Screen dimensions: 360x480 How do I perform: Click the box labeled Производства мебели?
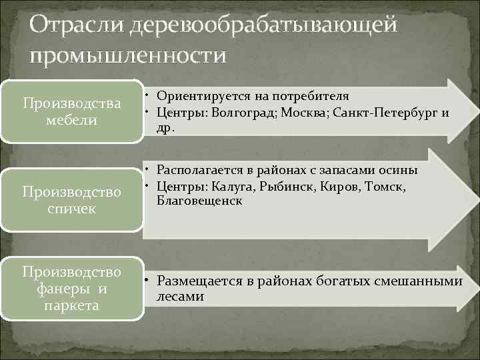[71, 111]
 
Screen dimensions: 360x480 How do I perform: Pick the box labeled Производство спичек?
[71, 200]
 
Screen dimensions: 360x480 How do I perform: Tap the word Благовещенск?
[200, 200]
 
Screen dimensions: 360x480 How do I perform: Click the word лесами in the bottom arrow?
[180, 297]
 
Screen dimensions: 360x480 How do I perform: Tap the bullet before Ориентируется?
[150, 96]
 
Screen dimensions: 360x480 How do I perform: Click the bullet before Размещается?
[150, 281]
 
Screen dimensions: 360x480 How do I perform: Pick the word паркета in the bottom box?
[71, 305]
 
